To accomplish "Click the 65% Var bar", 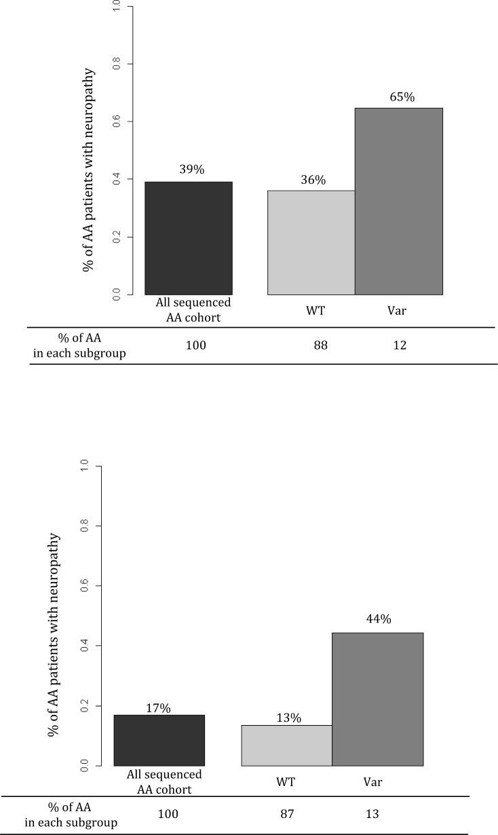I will (399, 201).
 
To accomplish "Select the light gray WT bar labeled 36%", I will (311, 242).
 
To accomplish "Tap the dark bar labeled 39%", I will (189, 238).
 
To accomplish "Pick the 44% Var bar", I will (378, 699).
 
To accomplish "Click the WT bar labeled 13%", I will (287, 745).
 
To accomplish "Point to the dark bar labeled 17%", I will (159, 740).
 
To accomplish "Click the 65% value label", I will (402, 97).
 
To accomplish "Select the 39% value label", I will (191, 170).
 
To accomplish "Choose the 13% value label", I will (289, 718).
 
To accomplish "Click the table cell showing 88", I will (320, 346).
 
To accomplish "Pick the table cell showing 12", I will (400, 346).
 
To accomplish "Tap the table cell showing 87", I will (287, 814).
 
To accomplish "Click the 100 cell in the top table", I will (195, 346).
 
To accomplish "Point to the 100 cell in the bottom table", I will (168, 814).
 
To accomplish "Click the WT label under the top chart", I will (315, 311).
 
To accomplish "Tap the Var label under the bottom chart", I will (372, 782).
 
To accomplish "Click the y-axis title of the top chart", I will (89, 170).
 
